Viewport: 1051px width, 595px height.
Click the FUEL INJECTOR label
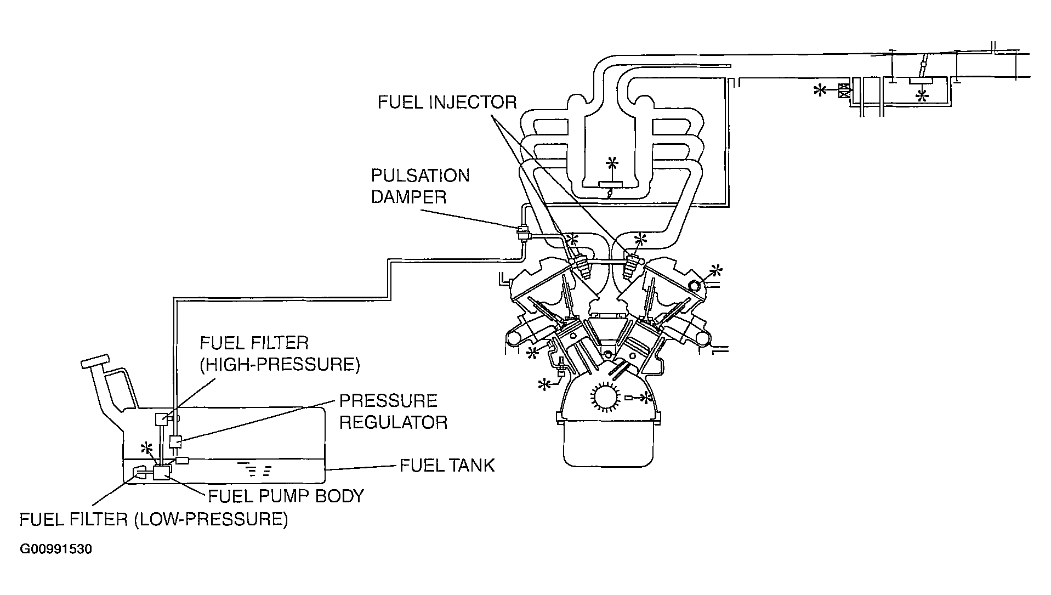tap(447, 103)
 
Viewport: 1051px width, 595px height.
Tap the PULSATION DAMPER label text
tap(420, 186)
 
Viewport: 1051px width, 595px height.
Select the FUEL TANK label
tap(447, 466)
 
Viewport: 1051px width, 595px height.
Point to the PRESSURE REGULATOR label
tap(393, 411)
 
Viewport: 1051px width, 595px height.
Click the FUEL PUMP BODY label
tap(286, 496)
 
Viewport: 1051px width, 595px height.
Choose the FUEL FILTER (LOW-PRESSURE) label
tap(154, 519)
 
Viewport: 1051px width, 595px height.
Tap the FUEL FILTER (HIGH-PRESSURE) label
tap(279, 354)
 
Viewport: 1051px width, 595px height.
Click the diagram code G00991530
tap(56, 549)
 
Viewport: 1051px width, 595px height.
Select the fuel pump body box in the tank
tap(162, 472)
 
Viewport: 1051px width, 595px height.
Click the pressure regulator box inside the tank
tap(175, 441)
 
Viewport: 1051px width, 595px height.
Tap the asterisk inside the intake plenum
tap(612, 164)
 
